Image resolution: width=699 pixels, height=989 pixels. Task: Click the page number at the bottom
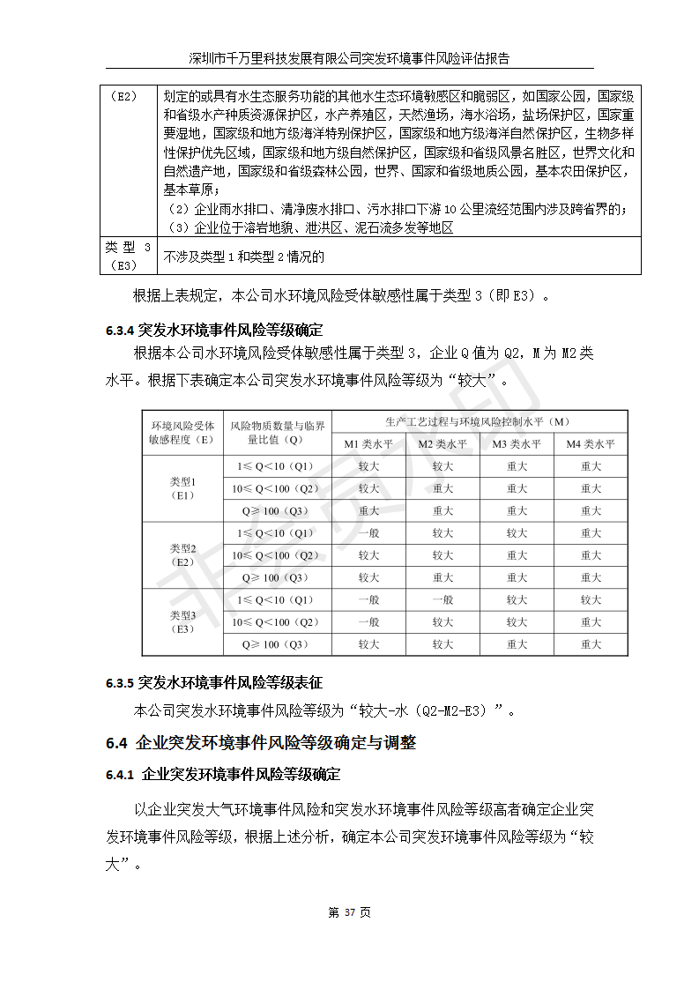tap(349, 912)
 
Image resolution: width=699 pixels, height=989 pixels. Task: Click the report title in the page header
tap(349, 58)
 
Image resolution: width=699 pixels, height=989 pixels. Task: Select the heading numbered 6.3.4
tap(214, 331)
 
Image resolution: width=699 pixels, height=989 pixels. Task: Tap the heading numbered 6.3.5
tap(214, 683)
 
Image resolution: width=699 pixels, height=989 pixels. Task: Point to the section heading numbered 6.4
tap(260, 743)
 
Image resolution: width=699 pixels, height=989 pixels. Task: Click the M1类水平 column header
tap(368, 444)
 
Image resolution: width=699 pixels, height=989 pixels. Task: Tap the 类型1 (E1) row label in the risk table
tap(182, 488)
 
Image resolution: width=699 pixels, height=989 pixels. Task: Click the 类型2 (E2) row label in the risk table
tap(182, 555)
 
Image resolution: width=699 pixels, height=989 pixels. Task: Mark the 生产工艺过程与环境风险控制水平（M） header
tap(480, 421)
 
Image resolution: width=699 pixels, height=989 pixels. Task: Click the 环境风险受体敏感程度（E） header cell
tap(182, 432)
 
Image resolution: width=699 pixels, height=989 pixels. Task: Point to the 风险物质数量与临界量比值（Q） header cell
tap(278, 432)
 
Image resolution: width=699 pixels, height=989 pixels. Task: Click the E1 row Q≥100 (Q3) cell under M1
tap(368, 511)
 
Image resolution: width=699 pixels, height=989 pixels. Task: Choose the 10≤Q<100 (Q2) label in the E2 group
tap(278, 555)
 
